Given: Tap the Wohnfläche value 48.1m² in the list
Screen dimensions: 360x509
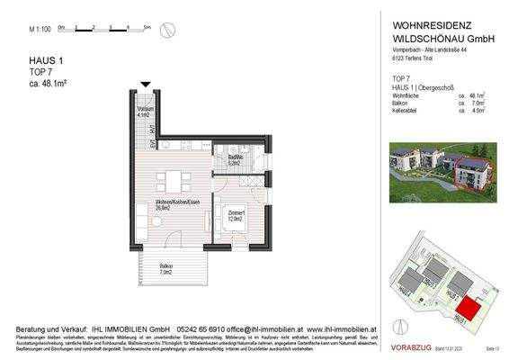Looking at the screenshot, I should pos(473,95).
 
